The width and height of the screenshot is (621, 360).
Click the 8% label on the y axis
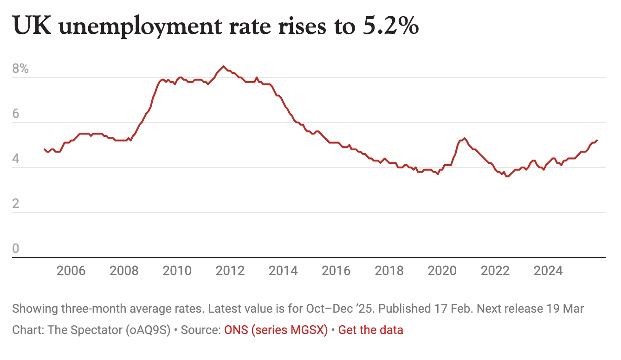(20, 69)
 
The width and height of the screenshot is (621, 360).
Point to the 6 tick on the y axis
(16, 114)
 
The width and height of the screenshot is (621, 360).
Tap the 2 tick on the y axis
(16, 204)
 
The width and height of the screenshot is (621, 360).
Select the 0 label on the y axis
(16, 249)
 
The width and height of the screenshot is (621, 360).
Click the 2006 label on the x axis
(71, 270)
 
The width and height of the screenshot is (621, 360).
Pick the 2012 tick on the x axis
(230, 270)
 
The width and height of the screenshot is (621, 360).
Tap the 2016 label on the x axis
(336, 270)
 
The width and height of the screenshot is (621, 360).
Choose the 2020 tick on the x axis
(442, 270)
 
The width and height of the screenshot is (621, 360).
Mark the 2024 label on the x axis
(548, 270)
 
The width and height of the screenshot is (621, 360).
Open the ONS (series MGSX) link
(276, 330)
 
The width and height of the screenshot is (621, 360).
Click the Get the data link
(370, 330)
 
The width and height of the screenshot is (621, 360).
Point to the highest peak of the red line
(223, 66)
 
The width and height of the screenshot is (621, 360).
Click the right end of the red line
(597, 140)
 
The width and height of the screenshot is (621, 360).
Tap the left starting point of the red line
(45, 149)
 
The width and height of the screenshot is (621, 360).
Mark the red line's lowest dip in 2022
(506, 176)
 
